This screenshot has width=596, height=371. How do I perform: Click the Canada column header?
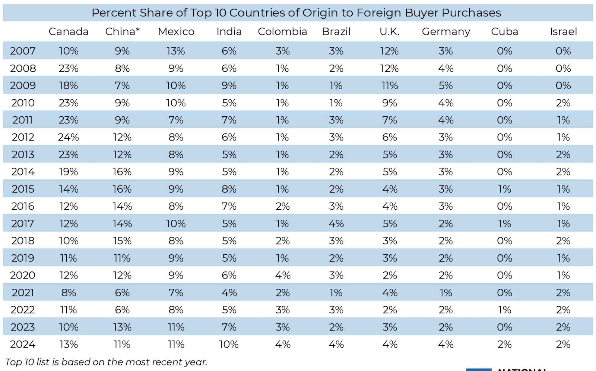(x=69, y=32)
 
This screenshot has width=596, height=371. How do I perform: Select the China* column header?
(x=123, y=32)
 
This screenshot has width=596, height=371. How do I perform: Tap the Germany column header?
(x=446, y=32)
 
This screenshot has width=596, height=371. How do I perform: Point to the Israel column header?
(x=563, y=32)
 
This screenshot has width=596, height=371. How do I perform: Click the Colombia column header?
(x=282, y=32)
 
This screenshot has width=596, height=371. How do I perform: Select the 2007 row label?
(x=23, y=51)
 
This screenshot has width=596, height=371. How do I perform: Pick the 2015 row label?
(x=23, y=189)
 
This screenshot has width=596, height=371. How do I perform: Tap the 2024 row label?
(x=23, y=345)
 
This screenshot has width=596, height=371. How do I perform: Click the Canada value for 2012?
(x=69, y=137)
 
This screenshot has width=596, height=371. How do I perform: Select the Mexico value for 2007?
(x=175, y=51)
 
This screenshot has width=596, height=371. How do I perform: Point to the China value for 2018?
(x=122, y=241)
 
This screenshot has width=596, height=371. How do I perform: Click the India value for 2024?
(x=229, y=345)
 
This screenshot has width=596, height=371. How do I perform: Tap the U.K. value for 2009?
(x=390, y=86)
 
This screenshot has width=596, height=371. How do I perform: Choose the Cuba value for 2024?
(x=504, y=345)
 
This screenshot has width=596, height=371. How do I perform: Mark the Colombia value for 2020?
(x=283, y=275)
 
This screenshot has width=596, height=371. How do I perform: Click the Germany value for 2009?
(x=446, y=86)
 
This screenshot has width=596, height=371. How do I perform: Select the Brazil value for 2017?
(x=336, y=224)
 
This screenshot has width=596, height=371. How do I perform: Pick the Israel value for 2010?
(x=563, y=103)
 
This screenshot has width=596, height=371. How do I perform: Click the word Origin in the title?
(x=320, y=13)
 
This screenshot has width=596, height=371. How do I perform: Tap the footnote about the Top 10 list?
(x=106, y=362)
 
